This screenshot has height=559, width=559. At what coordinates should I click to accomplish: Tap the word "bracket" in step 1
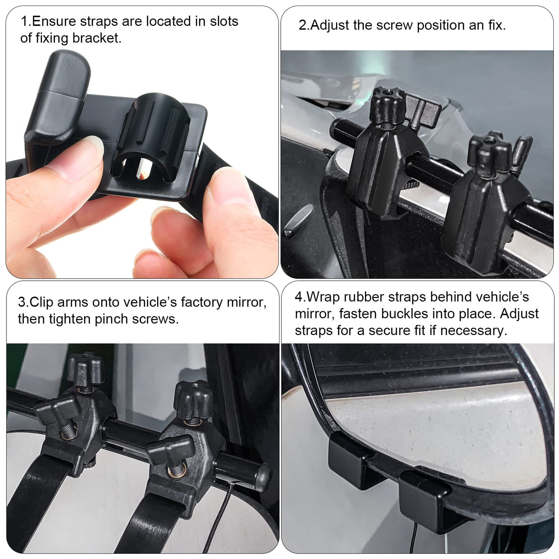(97, 38)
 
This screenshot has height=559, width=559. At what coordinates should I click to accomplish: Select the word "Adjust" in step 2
(329, 26)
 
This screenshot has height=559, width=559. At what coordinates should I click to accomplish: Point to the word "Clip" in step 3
(41, 303)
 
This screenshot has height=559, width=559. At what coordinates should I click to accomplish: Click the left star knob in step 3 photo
(85, 369)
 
